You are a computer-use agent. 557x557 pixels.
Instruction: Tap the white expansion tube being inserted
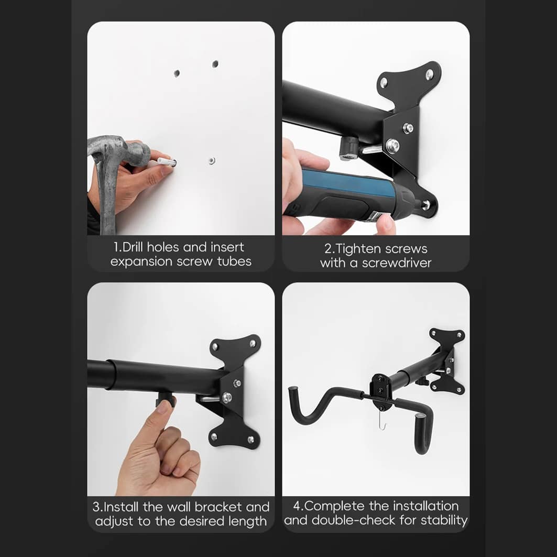166,162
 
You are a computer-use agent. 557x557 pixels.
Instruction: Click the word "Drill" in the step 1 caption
133,247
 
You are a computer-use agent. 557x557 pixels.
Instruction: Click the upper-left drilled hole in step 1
177,73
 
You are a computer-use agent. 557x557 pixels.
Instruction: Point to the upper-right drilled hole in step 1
215,64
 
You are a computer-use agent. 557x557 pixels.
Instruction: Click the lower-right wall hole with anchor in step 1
212,160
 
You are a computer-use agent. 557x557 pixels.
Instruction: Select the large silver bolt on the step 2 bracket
392,145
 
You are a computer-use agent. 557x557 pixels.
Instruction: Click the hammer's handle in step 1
106,199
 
